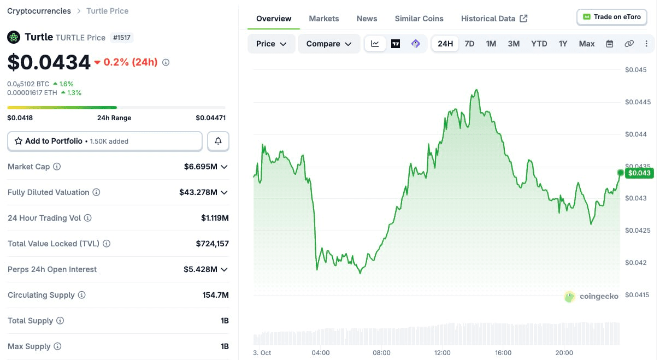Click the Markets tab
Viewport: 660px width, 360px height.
point(323,19)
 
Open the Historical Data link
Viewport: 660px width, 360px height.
point(494,19)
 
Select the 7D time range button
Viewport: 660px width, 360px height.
point(469,44)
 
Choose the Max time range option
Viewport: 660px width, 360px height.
point(586,44)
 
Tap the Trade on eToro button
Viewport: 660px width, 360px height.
point(612,17)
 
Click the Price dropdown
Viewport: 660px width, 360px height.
point(271,44)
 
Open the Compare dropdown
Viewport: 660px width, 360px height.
point(329,44)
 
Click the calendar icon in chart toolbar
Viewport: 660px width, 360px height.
point(610,44)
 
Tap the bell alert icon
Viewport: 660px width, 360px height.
point(218,141)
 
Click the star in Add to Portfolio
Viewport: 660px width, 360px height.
point(18,141)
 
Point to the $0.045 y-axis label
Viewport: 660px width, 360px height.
point(635,70)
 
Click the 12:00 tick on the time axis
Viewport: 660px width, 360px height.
point(442,353)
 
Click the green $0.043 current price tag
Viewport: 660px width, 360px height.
point(639,173)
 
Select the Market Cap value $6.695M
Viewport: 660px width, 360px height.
point(201,167)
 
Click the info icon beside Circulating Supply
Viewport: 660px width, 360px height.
point(81,295)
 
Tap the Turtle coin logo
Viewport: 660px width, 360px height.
point(14,37)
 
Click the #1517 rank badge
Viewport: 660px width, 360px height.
point(122,38)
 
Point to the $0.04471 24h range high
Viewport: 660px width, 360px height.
point(211,118)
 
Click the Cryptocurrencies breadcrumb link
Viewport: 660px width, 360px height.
point(39,11)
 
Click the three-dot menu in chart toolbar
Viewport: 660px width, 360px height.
point(646,44)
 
